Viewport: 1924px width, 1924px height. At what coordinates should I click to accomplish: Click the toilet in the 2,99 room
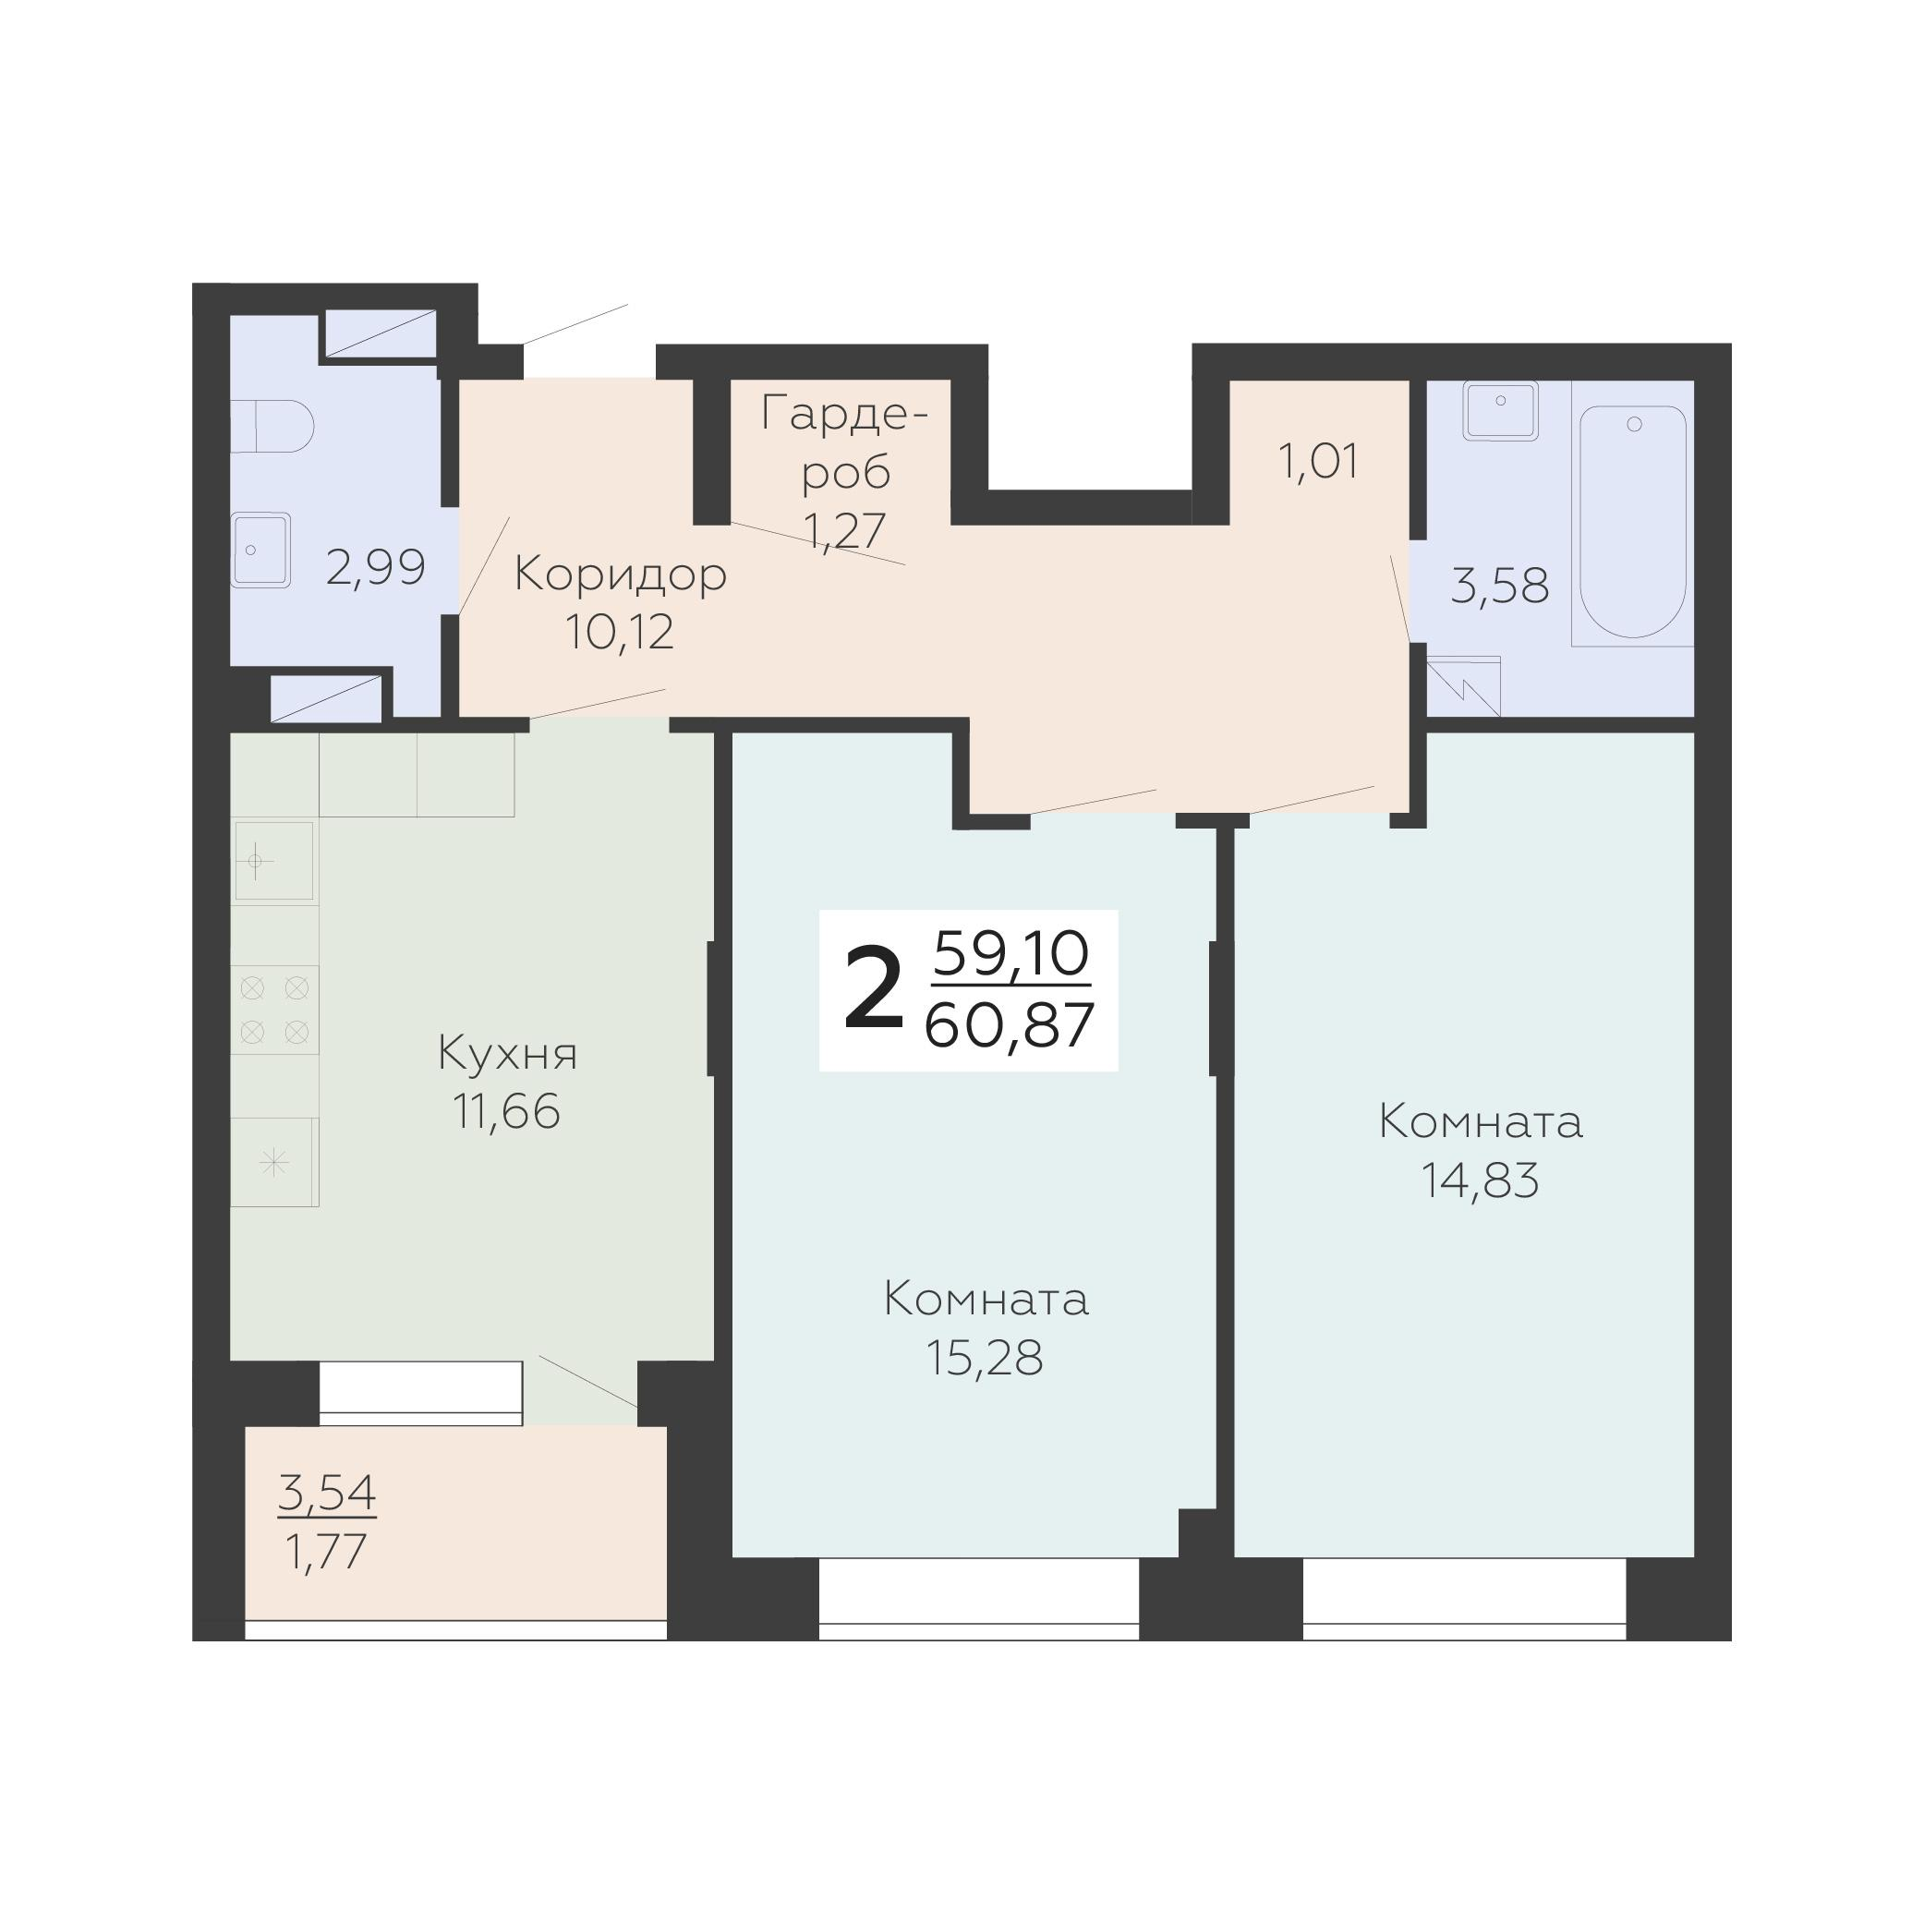[272, 426]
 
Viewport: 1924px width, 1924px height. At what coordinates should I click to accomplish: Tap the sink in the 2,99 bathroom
[260, 550]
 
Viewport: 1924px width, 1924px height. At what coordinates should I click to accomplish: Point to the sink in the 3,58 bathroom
[1500, 409]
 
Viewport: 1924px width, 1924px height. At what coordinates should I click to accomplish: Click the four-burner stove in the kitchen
[275, 1010]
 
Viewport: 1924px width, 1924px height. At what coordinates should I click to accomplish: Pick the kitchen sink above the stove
[272, 861]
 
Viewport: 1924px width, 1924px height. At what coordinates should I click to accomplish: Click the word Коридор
[621, 575]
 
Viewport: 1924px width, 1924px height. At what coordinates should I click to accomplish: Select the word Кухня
[508, 1054]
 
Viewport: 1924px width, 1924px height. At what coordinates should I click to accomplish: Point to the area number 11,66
[507, 1111]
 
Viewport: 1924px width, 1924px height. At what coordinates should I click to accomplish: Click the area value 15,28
[985, 1358]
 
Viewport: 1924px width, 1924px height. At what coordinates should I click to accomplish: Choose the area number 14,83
[1480, 1181]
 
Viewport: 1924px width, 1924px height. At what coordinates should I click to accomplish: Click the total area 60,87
[1010, 1026]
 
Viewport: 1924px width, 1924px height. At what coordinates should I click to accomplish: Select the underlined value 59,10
[1010, 954]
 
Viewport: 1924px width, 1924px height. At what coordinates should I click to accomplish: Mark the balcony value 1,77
[327, 1552]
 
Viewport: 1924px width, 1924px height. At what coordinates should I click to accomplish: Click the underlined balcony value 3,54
[327, 1492]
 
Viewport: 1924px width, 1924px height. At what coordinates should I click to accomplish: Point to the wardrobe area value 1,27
[845, 531]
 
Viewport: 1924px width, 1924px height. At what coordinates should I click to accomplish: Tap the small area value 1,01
[1318, 462]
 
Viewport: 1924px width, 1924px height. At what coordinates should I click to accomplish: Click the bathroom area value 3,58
[1500, 586]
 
